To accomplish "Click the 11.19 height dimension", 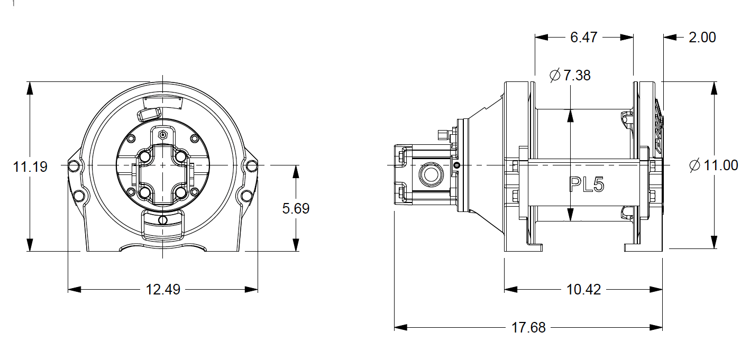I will [30, 167].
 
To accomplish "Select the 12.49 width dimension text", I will [162, 290].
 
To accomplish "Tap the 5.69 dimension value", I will [296, 208].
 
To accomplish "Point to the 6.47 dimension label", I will [584, 38].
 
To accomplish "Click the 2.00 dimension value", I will [702, 38].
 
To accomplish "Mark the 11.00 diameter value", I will [720, 165].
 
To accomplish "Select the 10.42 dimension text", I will [583, 290].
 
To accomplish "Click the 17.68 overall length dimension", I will [528, 328].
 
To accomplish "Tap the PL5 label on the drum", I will [587, 184].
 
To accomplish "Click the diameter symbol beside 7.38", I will [555, 76].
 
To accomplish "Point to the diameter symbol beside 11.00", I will [695, 165].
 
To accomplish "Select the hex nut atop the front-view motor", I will [163, 134].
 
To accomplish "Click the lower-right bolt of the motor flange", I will [181, 191].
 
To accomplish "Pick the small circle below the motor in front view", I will [163, 219].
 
